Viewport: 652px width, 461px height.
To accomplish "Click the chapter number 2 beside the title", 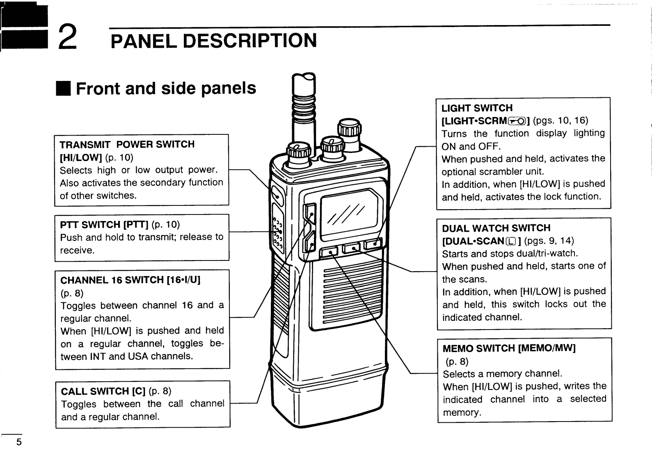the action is (x=68, y=37).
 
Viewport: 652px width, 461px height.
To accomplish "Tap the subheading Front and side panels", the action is (x=166, y=88).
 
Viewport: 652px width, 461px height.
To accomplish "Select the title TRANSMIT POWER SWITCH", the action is (x=127, y=145).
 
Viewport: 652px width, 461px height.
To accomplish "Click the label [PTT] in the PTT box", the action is (x=137, y=225).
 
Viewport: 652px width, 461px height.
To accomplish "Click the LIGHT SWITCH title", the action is (x=477, y=108).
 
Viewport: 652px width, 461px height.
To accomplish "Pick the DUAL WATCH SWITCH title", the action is (x=496, y=228).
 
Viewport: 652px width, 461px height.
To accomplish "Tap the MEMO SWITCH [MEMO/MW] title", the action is (x=509, y=348).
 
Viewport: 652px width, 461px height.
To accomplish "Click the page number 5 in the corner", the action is (x=18, y=443).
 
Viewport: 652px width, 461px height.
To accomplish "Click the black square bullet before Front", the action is (x=64, y=88).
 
